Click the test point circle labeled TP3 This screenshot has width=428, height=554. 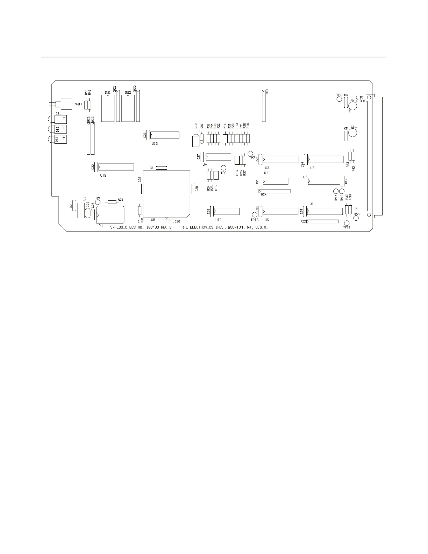tap(339, 99)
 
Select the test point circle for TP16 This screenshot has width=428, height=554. tap(255, 214)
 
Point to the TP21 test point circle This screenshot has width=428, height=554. tap(347, 223)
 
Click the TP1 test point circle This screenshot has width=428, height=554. tap(98, 202)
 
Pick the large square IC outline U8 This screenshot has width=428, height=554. tap(167, 193)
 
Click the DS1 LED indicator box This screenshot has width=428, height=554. tap(60, 119)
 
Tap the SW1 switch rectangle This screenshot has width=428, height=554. tap(108, 108)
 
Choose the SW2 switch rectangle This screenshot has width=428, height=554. tap(128, 108)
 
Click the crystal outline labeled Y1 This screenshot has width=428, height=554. tap(110, 214)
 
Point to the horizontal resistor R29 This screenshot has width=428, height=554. tap(112, 202)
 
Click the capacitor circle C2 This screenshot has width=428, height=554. tap(353, 105)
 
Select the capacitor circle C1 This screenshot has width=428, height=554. tap(352, 133)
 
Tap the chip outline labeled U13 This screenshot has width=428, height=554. tap(164, 135)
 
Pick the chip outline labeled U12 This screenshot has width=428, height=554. tap(227, 211)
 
